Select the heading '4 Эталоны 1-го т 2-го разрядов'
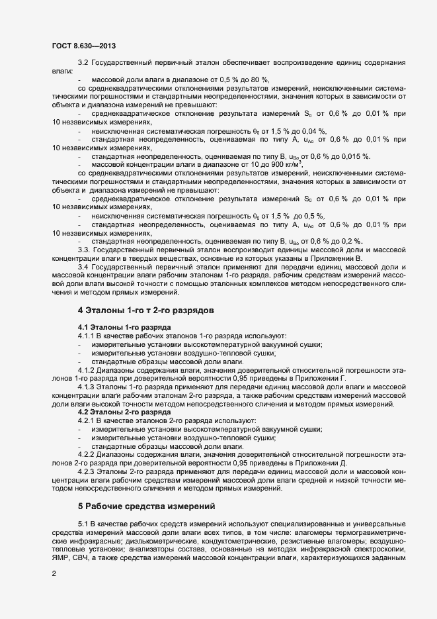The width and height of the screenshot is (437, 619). pyautogui.click(x=155, y=309)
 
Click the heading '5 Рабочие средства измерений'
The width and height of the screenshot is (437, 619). pyautogui.click(x=147, y=506)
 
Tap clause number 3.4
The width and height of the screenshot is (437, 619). pyautogui.click(x=85, y=267)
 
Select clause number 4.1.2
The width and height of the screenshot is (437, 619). pyautogui.click(x=89, y=369)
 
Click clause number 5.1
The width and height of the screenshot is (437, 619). pyautogui.click(x=85, y=524)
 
